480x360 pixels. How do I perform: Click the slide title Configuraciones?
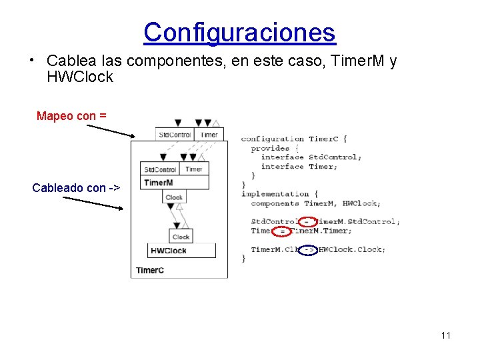tap(239, 32)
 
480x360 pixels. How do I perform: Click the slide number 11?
tap(445, 335)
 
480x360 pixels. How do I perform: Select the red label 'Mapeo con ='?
tap(71, 116)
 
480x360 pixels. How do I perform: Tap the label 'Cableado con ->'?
tap(76, 188)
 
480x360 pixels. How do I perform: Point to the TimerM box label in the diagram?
tap(159, 183)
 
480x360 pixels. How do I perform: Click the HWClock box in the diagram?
tap(181, 251)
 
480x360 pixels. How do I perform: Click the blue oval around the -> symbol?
tap(308, 250)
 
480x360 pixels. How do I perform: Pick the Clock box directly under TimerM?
tap(174, 197)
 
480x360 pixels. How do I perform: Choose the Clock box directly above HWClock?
tap(181, 237)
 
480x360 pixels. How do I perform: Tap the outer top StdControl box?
tap(174, 135)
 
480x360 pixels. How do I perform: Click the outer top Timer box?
tap(209, 135)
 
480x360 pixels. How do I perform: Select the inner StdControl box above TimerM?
tap(160, 170)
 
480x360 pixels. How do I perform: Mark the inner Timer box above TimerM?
tap(194, 169)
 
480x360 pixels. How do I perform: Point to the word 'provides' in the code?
tap(270, 148)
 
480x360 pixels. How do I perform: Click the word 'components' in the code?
tap(275, 203)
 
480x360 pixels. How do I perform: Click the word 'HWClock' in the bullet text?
tap(80, 77)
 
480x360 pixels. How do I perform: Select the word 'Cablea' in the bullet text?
tap(67, 61)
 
